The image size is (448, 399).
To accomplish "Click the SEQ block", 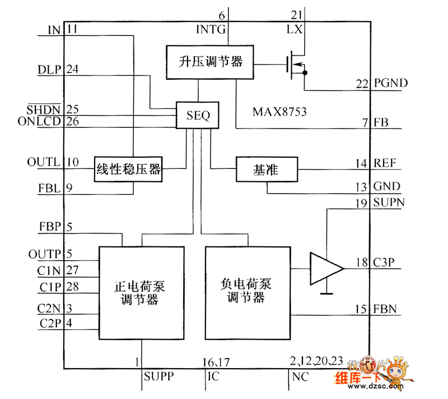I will pos(197,115).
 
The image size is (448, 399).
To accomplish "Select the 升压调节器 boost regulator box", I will pos(210,61).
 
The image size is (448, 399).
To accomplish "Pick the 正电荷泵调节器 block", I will pos(142,292).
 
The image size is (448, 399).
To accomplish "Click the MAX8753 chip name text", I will pos(279,111).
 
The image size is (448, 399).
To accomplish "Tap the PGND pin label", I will pos(391,83).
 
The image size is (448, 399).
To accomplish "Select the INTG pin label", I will pos(211,28).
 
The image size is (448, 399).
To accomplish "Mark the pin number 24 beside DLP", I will pos(72,70).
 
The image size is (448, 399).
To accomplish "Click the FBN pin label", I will pos(386,309).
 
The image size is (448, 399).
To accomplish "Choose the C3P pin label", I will pos(386,262).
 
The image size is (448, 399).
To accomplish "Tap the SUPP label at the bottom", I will pos(158,375).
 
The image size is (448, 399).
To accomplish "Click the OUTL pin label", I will pos(43,162).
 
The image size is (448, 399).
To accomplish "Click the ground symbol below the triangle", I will pos(326,292).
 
